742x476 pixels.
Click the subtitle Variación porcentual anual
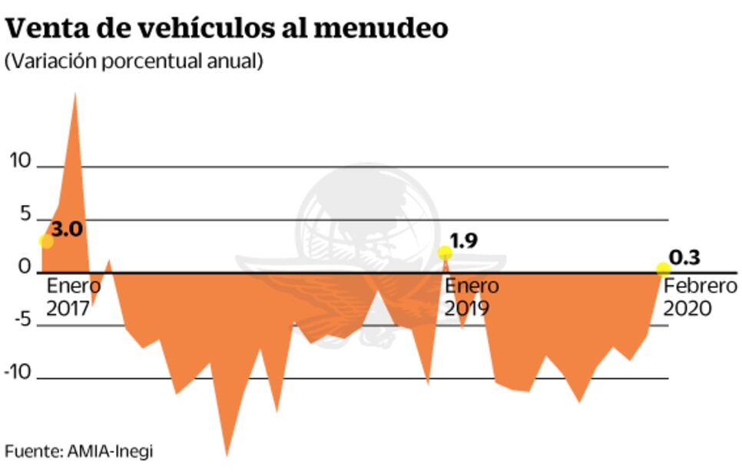coord(134,62)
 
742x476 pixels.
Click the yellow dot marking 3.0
coord(46,241)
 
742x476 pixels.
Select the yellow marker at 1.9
coord(445,253)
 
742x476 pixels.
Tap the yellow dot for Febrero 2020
coord(663,269)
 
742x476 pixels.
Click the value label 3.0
coord(68,229)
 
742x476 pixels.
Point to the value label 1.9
coord(464,241)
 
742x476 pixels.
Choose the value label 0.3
coord(684,257)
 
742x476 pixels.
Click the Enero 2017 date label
coord(74,297)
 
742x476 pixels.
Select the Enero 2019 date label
coord(472,297)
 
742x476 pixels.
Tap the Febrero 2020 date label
coord(700,297)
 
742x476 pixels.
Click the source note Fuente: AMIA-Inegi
coord(79,451)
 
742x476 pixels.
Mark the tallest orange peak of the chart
coord(75,96)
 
